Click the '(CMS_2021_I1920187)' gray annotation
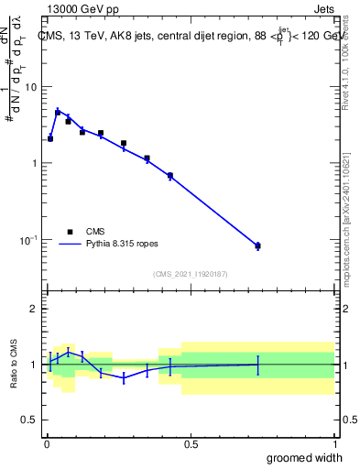(190, 274)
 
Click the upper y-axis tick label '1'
(35, 163)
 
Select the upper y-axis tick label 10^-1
(29, 239)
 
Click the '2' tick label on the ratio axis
(35, 309)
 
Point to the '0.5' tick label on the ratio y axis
(29, 420)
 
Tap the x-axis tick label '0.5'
(191, 444)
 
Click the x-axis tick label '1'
(334, 444)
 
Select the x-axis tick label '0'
(47, 444)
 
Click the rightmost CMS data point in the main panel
(257, 245)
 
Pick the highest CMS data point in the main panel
(58, 112)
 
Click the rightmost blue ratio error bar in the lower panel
(257, 364)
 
